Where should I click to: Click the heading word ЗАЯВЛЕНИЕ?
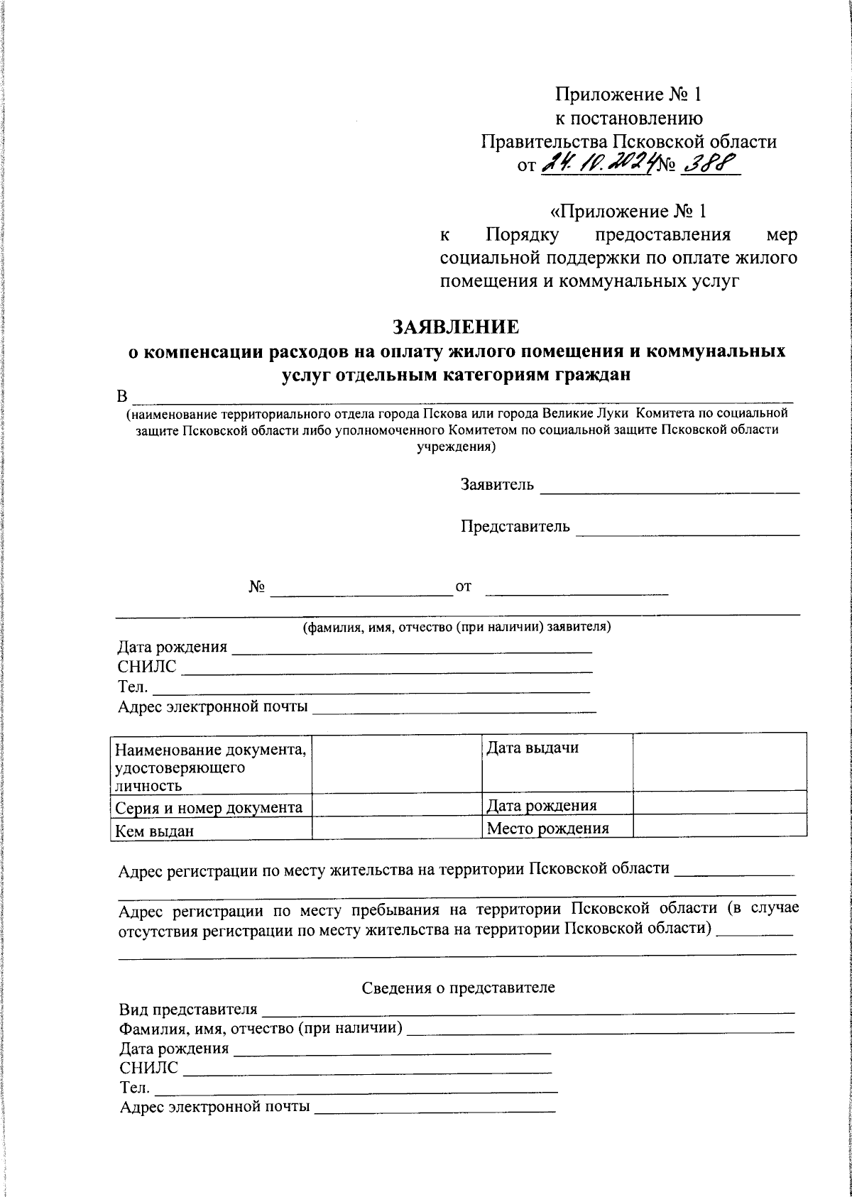click(457, 327)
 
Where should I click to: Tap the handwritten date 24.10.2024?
click(598, 165)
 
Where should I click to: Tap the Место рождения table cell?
click(557, 828)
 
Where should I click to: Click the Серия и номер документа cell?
click(211, 807)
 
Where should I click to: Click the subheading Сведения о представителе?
click(459, 988)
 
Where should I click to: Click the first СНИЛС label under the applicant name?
click(147, 667)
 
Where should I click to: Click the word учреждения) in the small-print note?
click(455, 448)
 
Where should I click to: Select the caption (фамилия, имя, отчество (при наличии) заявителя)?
click(457, 628)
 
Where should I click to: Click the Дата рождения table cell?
click(557, 805)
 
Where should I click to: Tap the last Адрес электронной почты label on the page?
click(214, 1107)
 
